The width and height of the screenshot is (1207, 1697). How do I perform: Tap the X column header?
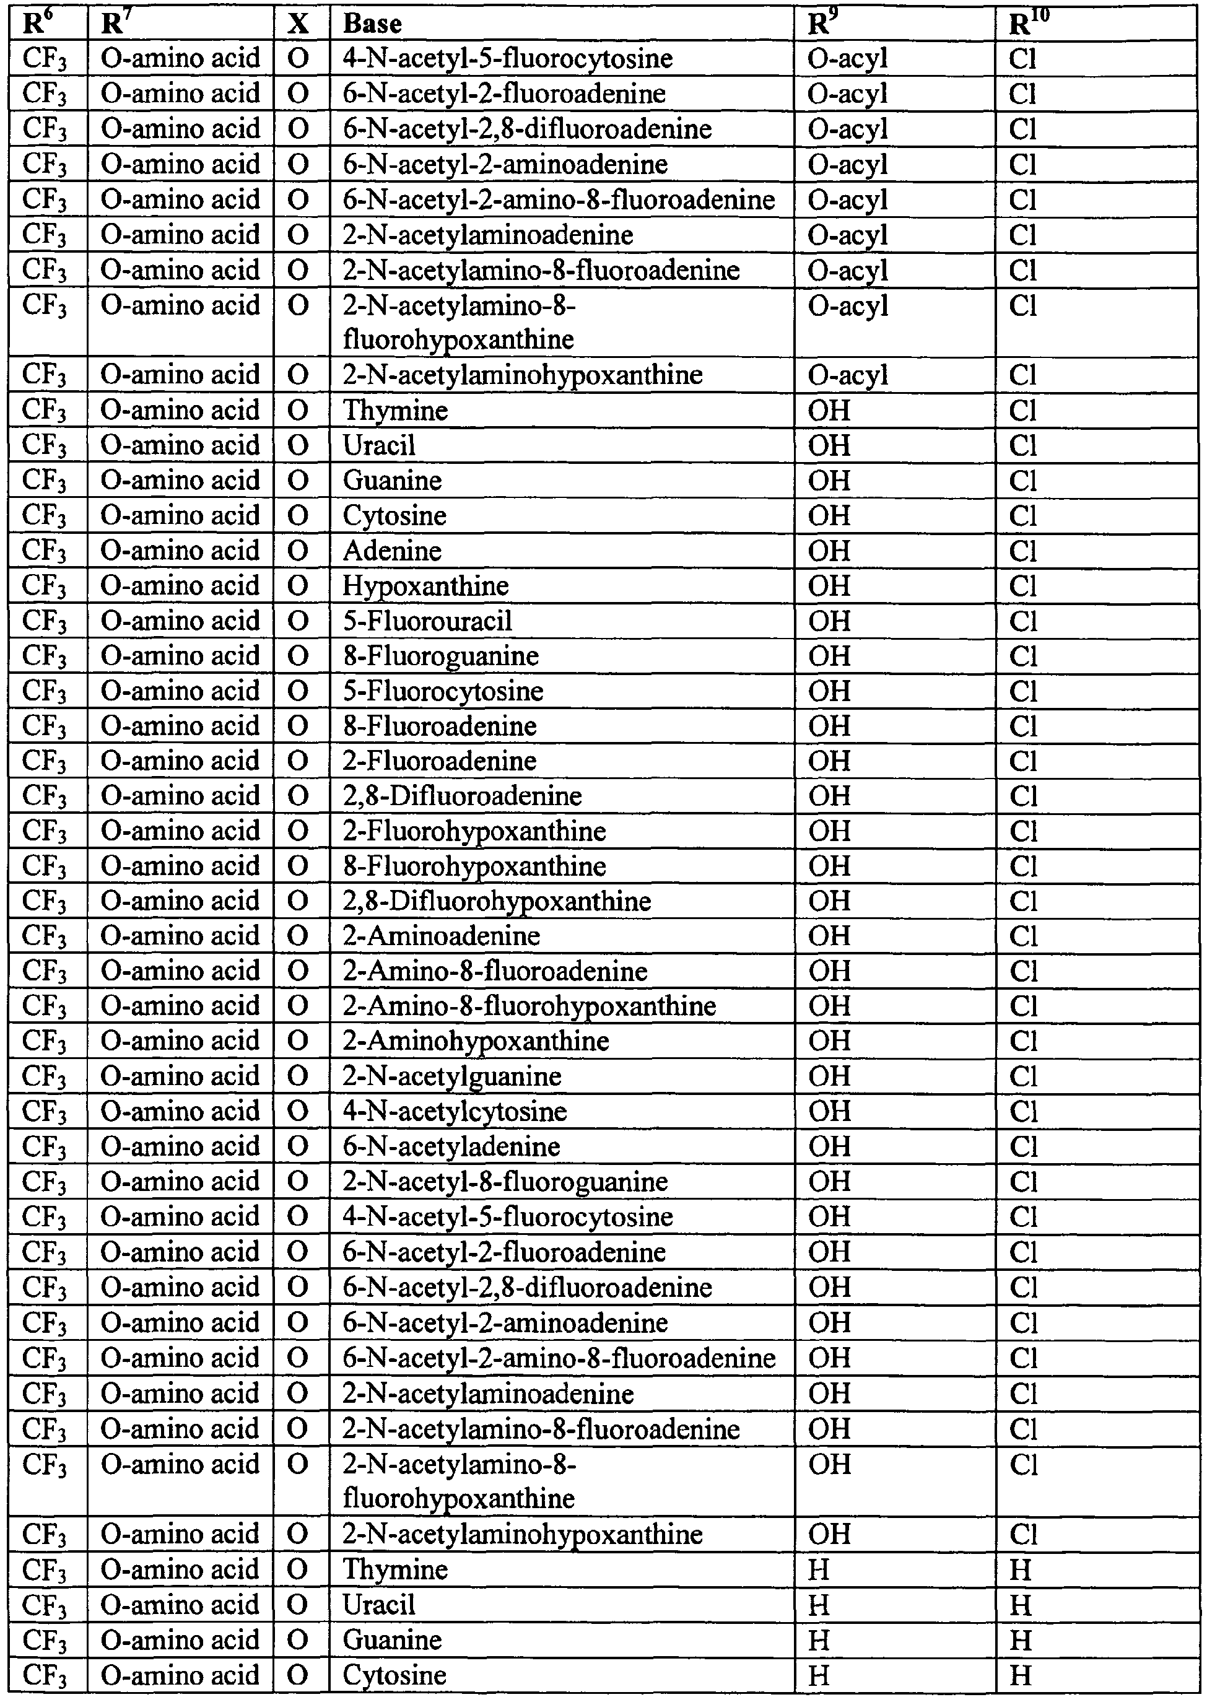[298, 23]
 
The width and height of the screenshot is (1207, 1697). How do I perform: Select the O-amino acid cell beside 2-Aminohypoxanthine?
[181, 1040]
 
